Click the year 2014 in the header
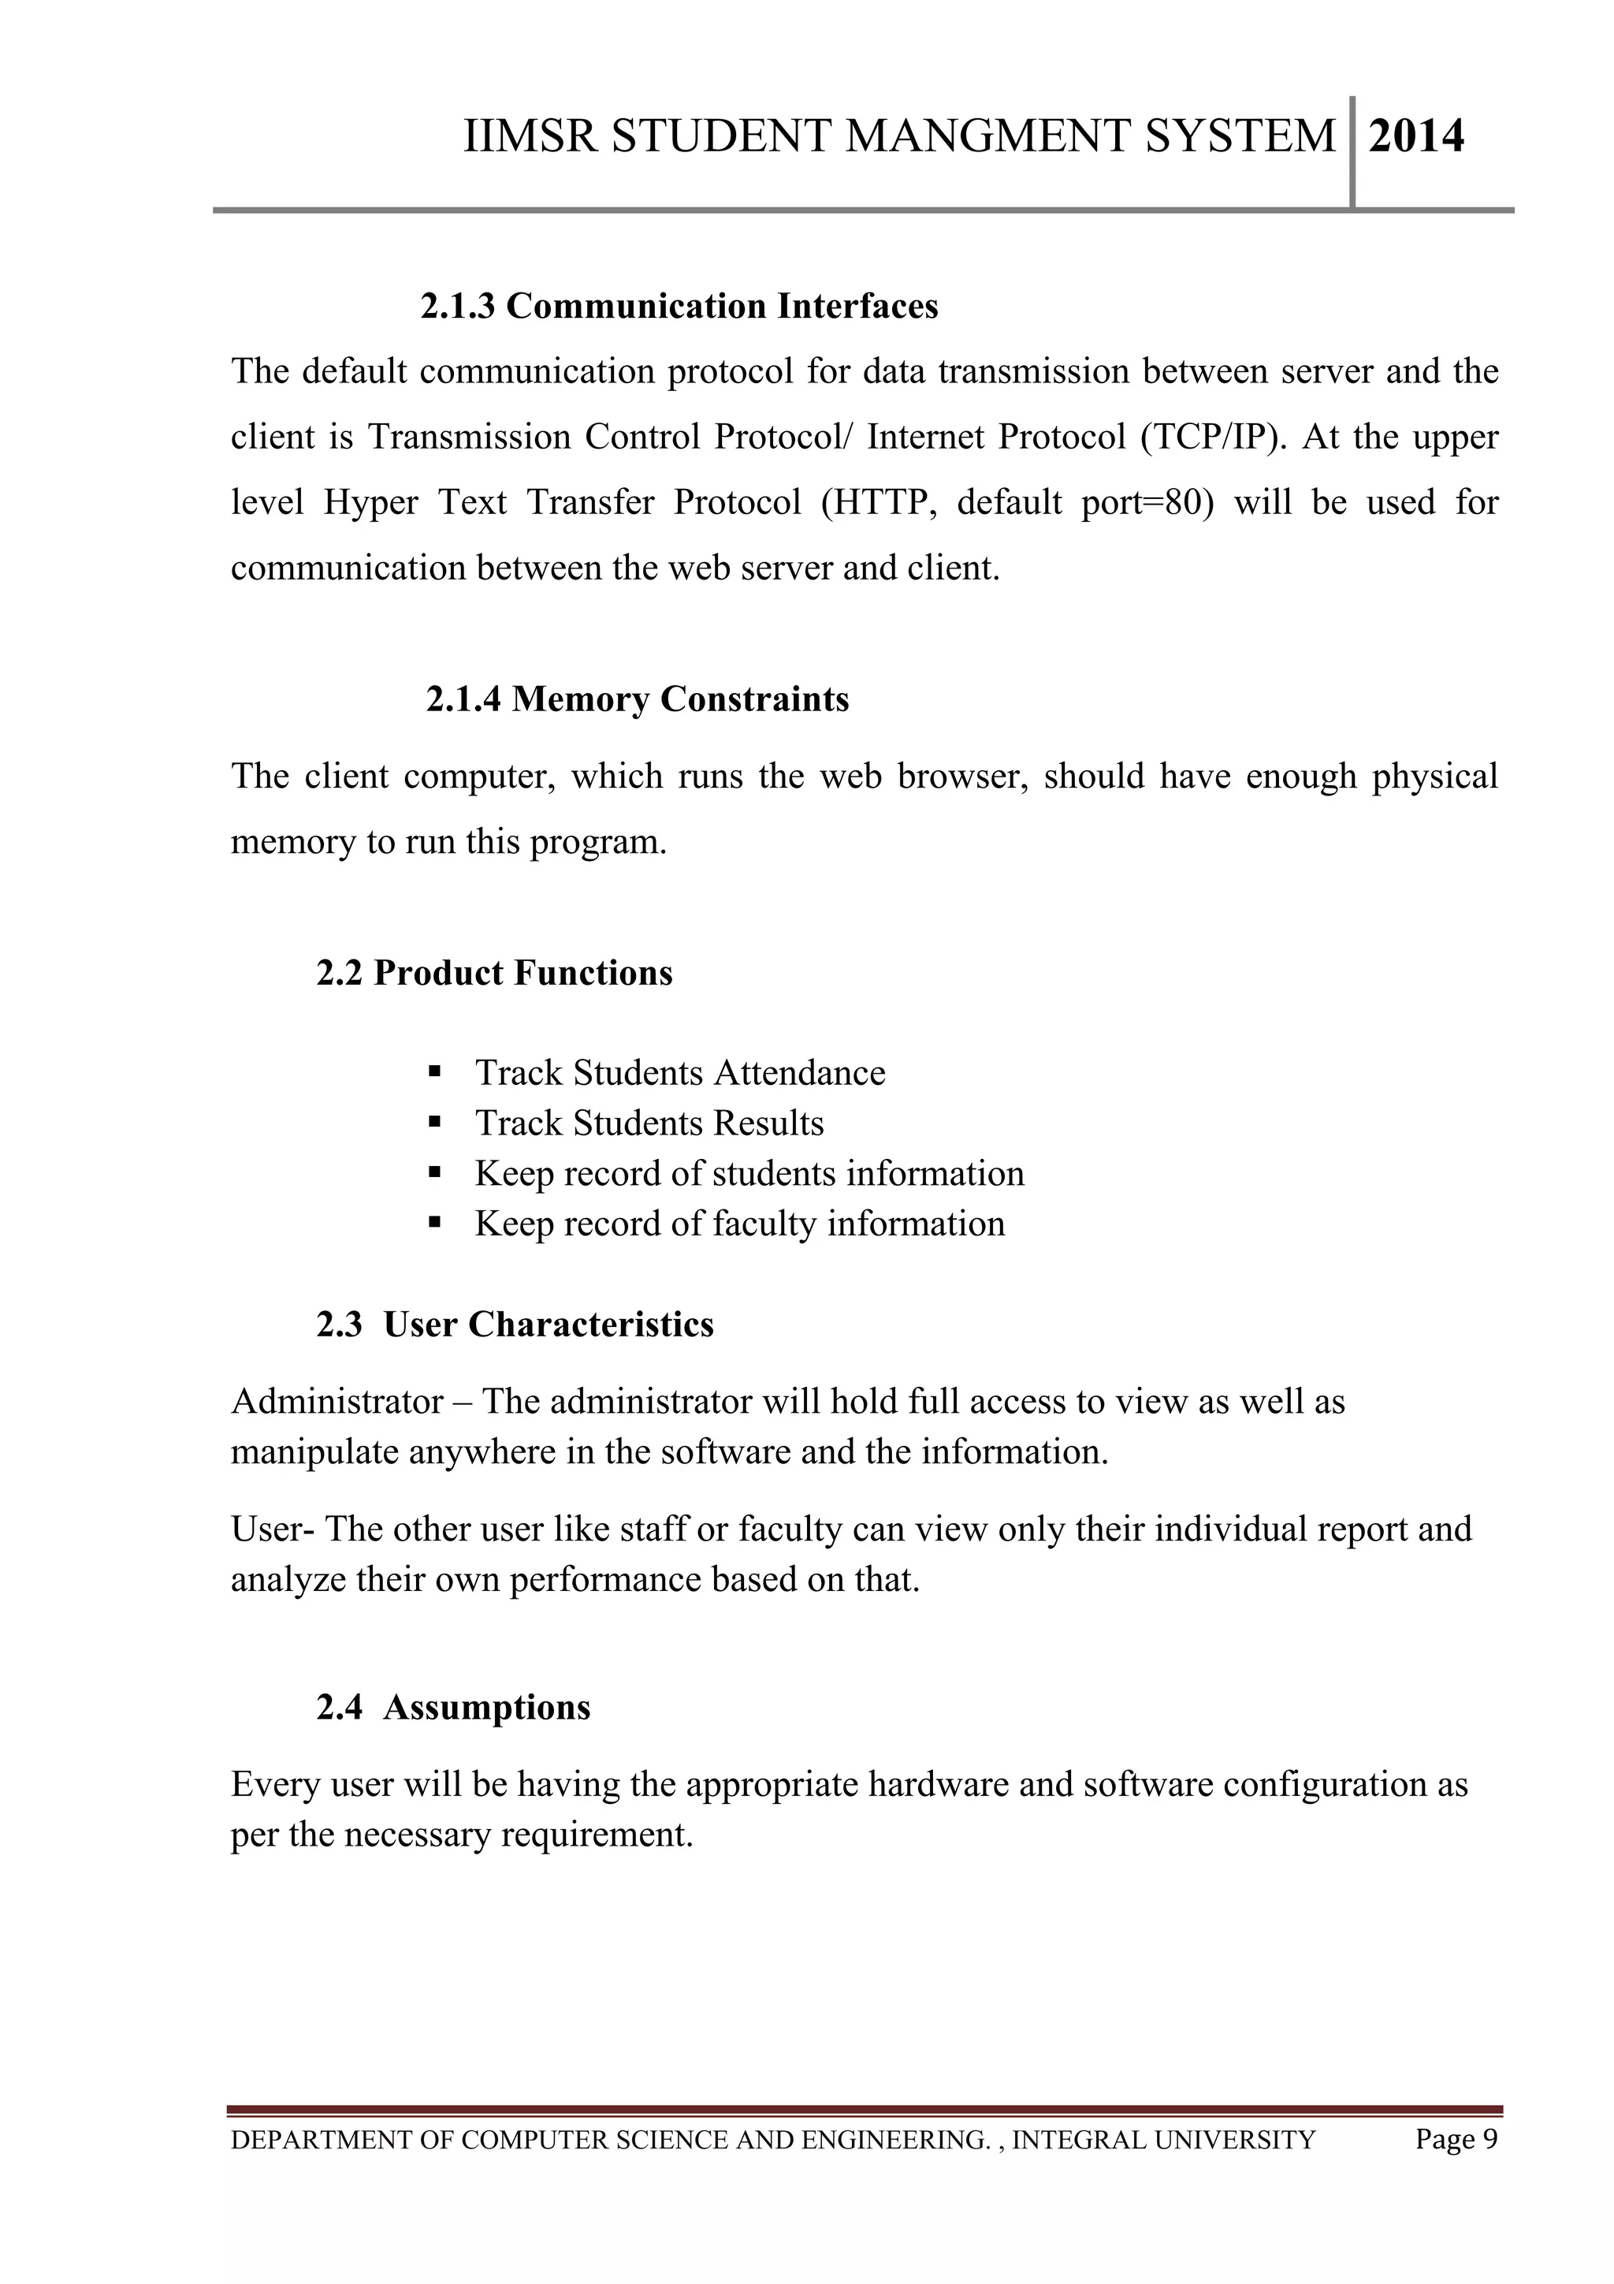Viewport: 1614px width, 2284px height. pyautogui.click(x=1415, y=136)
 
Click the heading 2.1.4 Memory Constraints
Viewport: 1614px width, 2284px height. pyautogui.click(x=638, y=699)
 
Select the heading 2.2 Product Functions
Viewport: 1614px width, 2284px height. pyautogui.click(x=494, y=973)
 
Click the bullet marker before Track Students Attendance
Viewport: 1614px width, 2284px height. pyautogui.click(x=433, y=1072)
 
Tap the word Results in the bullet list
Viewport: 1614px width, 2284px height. pyautogui.click(x=768, y=1123)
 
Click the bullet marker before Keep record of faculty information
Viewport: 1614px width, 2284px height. pyautogui.click(x=433, y=1223)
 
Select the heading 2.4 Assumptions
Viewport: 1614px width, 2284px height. pyautogui.click(x=453, y=1708)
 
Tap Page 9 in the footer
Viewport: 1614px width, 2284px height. pyautogui.click(x=1456, y=2139)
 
